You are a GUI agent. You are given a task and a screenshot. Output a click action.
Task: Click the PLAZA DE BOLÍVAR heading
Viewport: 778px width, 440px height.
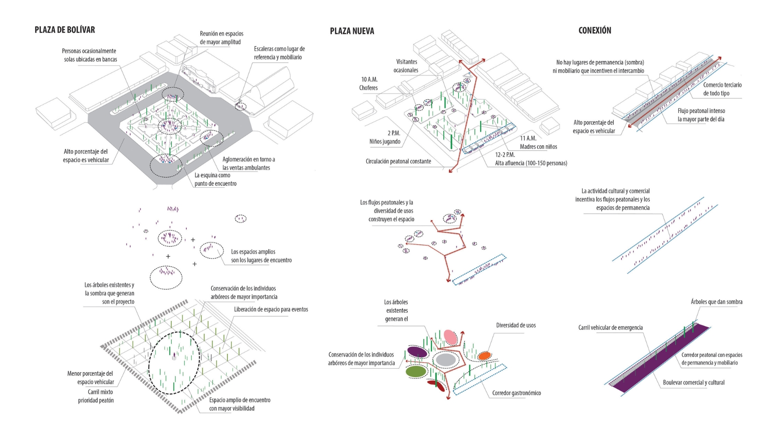65,30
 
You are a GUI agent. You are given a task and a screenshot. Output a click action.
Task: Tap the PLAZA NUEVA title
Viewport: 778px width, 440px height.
352,31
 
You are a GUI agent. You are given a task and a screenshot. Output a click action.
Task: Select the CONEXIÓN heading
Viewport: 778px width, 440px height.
594,30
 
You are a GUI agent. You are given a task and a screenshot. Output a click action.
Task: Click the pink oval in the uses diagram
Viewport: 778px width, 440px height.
450,337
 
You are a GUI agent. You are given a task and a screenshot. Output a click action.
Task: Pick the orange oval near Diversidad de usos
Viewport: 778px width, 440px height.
484,356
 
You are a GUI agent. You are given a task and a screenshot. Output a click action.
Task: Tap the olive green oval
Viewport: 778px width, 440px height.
416,371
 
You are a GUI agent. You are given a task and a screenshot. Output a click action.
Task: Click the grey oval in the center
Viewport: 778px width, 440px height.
446,360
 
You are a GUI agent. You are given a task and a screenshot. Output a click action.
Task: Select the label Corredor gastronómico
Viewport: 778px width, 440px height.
516,393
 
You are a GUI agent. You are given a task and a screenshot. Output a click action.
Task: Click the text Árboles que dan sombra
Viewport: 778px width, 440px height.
716,302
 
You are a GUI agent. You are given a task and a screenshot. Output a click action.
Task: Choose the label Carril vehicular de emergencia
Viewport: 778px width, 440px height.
610,328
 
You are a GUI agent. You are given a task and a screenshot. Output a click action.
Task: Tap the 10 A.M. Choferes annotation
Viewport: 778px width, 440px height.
369,84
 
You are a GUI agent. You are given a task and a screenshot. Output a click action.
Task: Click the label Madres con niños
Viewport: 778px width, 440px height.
538,147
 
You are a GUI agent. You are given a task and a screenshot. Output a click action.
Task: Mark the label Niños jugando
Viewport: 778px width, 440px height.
385,141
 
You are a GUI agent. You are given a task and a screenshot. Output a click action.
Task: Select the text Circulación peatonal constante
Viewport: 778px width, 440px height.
398,161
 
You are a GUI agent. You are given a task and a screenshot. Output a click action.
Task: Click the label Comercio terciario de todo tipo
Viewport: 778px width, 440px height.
722,89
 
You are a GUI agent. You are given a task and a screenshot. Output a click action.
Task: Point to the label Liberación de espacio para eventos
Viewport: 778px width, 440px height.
271,309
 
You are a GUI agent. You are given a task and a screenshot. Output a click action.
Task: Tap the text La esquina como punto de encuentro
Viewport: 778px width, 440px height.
216,179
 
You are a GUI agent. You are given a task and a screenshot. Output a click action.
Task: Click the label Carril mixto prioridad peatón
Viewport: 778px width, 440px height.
96,396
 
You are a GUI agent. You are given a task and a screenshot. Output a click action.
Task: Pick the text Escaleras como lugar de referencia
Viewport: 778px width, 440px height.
279,53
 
